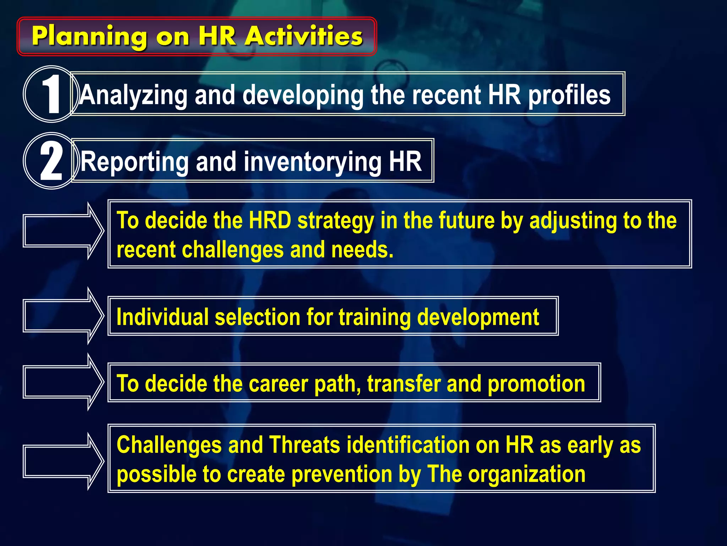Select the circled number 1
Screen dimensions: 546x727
coord(51,94)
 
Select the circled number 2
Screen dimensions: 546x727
coord(51,161)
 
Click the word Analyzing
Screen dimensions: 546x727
coord(133,95)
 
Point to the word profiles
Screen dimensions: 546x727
coord(569,95)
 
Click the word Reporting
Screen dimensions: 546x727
coord(135,162)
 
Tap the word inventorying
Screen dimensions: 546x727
coord(312,162)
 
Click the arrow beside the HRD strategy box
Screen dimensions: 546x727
coord(63,231)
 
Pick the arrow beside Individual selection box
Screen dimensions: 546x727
coord(63,316)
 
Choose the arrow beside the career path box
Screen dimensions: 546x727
coord(63,382)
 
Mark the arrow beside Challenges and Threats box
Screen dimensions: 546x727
coord(63,461)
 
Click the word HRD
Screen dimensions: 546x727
coord(270,220)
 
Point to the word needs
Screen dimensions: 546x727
coord(362,250)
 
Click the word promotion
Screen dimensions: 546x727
coord(536,384)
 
